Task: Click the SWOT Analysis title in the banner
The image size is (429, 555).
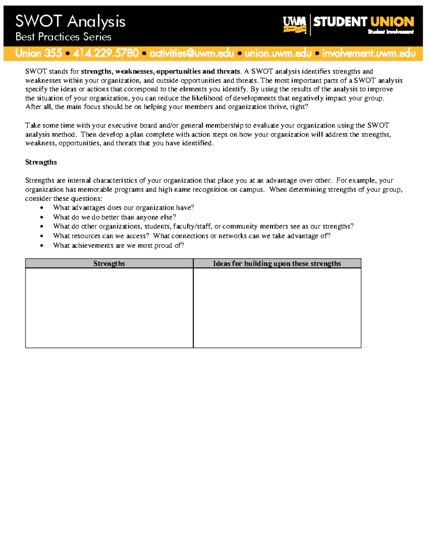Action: (x=70, y=21)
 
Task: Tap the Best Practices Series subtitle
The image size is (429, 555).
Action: (x=63, y=37)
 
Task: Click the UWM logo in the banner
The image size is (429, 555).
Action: (x=295, y=25)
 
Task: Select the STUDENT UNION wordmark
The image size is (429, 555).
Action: (x=364, y=22)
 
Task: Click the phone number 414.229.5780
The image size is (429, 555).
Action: (x=106, y=53)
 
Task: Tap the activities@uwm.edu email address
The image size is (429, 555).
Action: (x=192, y=53)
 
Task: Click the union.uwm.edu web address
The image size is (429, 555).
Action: (x=278, y=53)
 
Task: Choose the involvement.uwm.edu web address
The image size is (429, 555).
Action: (x=369, y=53)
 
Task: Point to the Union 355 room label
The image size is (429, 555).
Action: (x=39, y=53)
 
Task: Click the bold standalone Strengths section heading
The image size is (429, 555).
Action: (x=41, y=162)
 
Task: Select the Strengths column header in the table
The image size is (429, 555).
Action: (x=109, y=263)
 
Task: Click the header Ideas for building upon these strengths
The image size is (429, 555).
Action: (x=277, y=263)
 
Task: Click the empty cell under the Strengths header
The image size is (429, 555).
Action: (x=109, y=308)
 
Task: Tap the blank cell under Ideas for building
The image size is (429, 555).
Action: (x=277, y=308)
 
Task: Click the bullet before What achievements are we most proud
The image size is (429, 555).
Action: (x=42, y=246)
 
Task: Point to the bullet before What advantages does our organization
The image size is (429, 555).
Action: (x=42, y=208)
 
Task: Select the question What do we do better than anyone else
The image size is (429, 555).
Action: (x=114, y=217)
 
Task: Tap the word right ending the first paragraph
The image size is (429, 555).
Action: (x=298, y=107)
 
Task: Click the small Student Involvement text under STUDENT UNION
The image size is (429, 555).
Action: (x=390, y=32)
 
